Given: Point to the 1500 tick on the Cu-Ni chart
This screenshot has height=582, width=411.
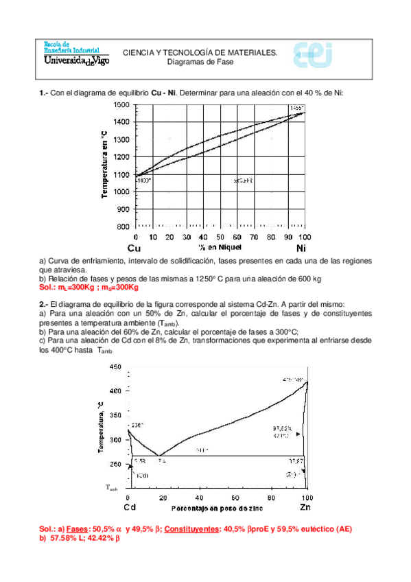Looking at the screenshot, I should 121,104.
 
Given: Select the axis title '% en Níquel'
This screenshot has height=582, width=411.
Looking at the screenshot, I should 220,245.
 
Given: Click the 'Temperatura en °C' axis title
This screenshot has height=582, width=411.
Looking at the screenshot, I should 105,164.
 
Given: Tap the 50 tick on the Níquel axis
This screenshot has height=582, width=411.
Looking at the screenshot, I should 220,236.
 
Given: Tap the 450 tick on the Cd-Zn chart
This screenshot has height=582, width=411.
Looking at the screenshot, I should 114,368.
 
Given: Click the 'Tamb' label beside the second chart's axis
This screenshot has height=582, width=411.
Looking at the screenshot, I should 112,489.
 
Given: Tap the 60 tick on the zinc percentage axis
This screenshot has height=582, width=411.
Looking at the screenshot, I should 235,497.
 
